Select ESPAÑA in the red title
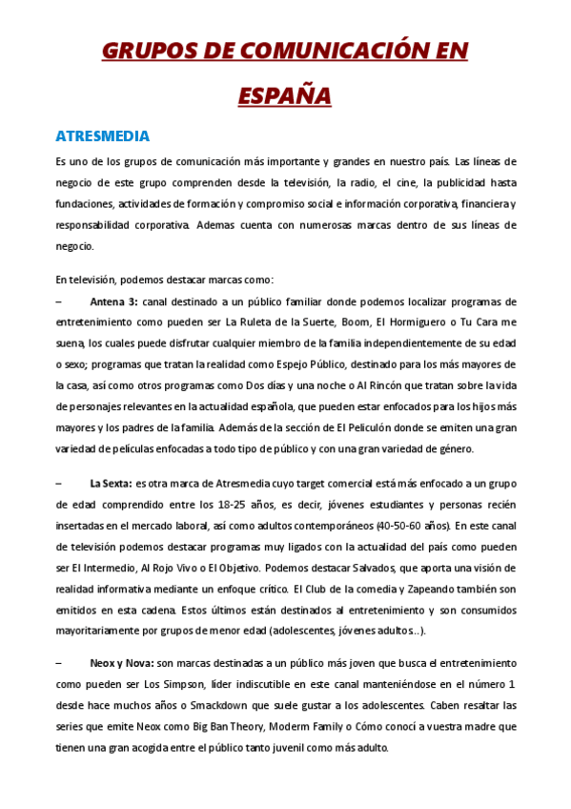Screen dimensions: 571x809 [285, 95]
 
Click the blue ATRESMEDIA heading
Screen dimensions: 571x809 [103, 136]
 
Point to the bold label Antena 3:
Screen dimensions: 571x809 [113, 302]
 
